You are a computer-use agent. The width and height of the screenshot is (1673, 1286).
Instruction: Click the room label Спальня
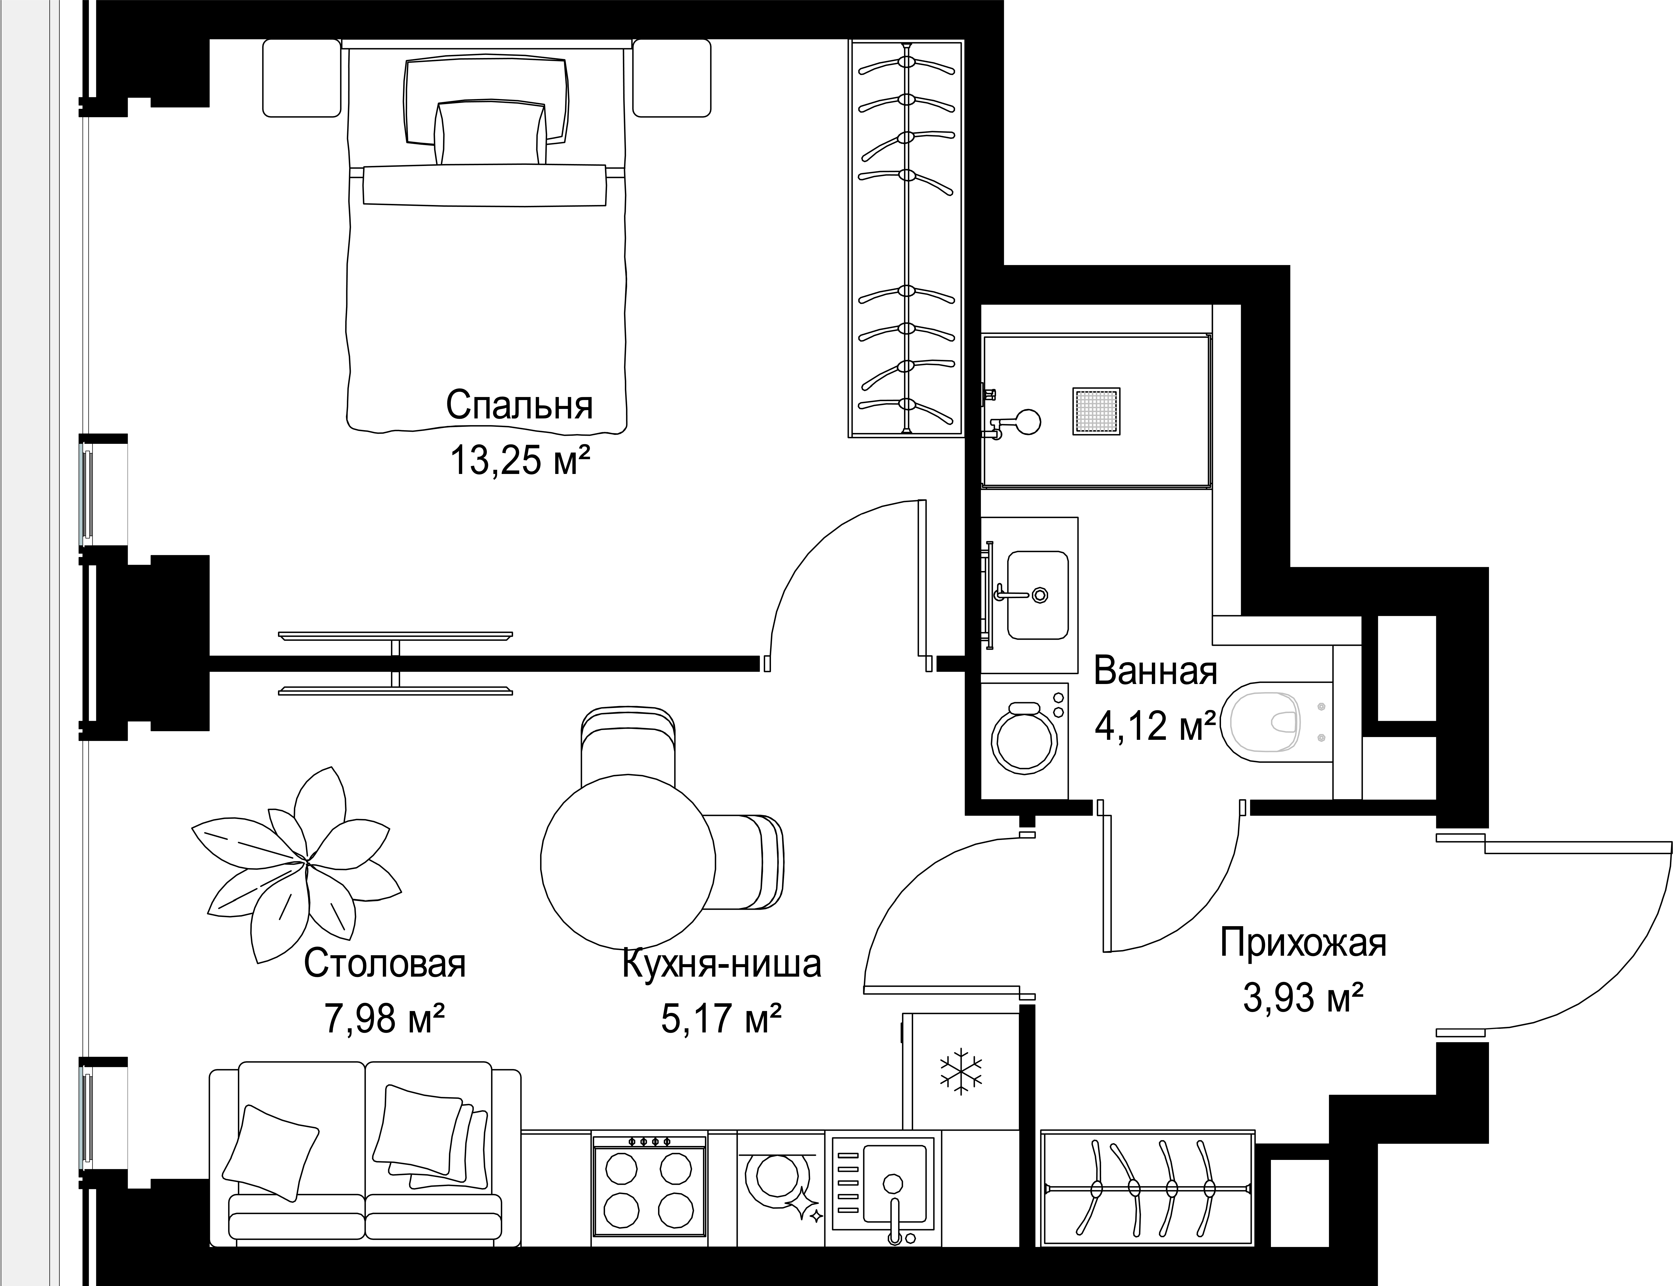pyautogui.click(x=519, y=406)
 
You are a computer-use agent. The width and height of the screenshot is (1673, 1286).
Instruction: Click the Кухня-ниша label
pyautogui.click(x=721, y=964)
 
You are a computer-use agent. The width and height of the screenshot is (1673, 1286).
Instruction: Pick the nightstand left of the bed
pyautogui.click(x=301, y=78)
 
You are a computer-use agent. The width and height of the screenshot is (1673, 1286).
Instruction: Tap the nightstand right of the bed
pyautogui.click(x=672, y=78)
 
